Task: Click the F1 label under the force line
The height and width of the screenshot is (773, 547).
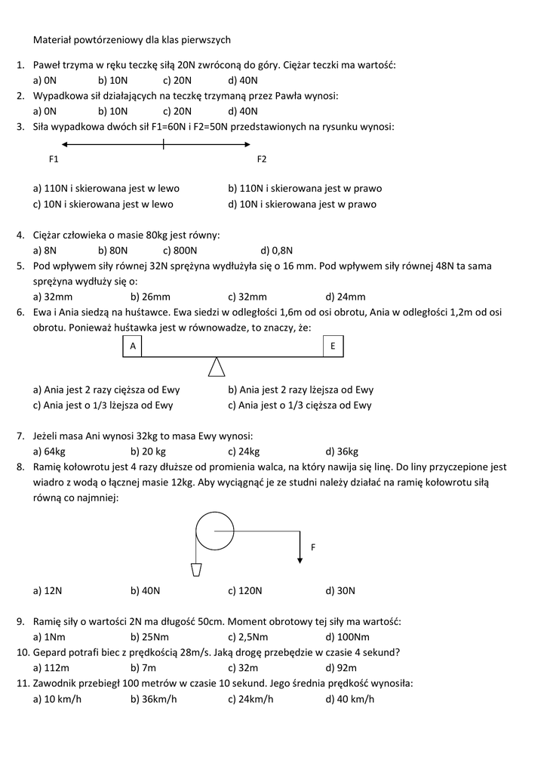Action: [x=54, y=159]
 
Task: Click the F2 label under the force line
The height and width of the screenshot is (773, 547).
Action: [x=262, y=159]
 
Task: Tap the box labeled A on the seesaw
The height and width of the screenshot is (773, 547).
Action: [x=132, y=346]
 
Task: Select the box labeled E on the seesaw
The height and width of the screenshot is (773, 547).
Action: [x=333, y=346]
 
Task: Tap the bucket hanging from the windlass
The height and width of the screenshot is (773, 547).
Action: [x=196, y=568]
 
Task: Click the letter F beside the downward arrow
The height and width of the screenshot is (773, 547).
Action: [x=313, y=547]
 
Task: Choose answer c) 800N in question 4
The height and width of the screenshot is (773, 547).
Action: [x=180, y=250]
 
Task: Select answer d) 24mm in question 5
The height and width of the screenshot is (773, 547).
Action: [x=346, y=297]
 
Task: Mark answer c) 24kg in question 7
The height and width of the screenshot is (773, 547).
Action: [x=244, y=451]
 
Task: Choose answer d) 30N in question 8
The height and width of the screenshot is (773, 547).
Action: [x=340, y=591]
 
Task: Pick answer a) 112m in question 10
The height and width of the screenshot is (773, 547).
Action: [x=51, y=668]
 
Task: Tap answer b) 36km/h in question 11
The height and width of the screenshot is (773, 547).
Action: [x=154, y=699]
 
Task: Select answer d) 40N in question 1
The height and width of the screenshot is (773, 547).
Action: [x=243, y=80]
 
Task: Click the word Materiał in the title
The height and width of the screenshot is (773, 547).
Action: [x=54, y=39]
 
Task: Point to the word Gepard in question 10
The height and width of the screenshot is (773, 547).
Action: [x=50, y=652]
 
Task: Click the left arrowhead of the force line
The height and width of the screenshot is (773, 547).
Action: [x=65, y=144]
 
